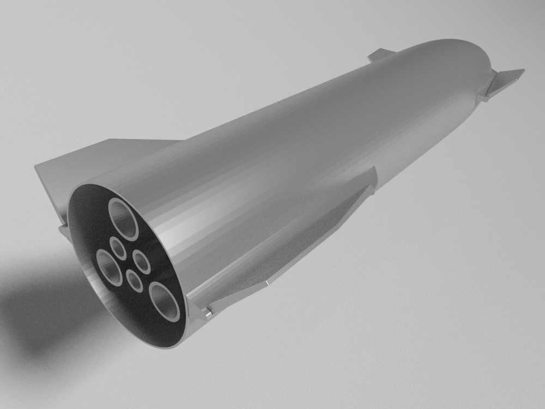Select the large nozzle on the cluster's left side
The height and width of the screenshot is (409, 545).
[x=109, y=267]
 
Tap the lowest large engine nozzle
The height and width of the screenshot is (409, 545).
[x=165, y=302]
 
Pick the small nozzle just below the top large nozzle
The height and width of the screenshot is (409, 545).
[x=118, y=249]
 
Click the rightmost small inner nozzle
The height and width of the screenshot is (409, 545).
[x=142, y=262]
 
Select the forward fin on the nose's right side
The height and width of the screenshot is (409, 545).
[x=504, y=82]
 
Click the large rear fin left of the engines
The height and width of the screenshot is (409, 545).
[x=82, y=164]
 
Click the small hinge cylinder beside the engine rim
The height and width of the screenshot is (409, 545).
[x=208, y=312]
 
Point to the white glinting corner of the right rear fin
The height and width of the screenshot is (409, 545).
[x=268, y=283]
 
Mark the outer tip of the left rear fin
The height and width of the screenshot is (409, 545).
[x=37, y=167]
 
